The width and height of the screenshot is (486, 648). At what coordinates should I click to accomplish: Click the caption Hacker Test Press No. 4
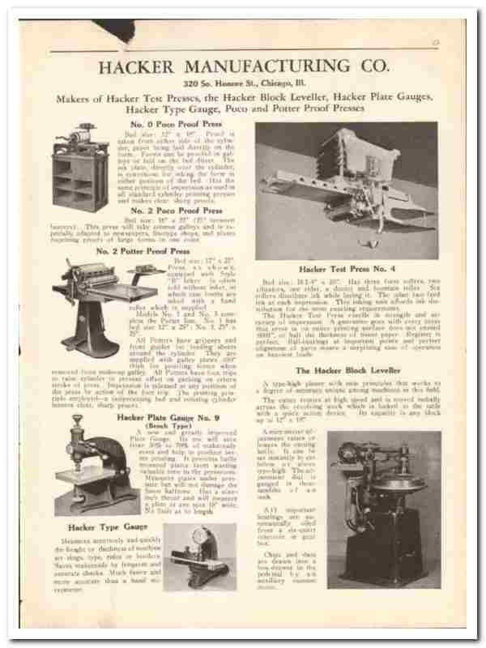[347, 269]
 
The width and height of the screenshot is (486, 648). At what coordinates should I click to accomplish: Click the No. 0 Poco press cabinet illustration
[79, 166]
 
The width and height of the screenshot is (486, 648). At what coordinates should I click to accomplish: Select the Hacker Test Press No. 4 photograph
[347, 190]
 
